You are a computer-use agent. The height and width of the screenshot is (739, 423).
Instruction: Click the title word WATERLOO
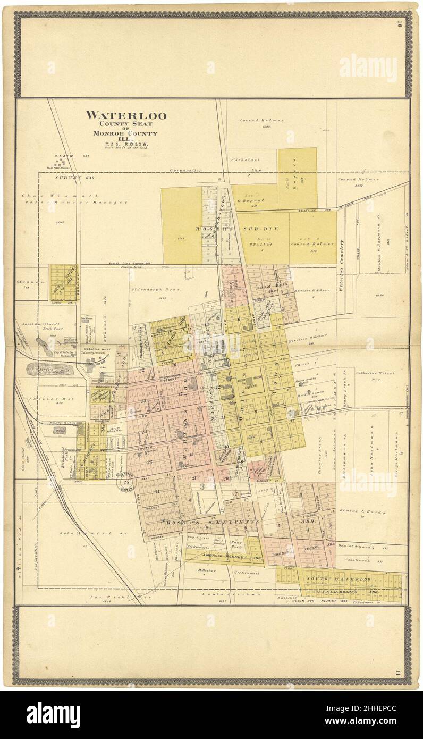pos(126,115)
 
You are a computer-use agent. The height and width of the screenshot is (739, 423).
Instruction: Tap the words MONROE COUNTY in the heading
pos(126,133)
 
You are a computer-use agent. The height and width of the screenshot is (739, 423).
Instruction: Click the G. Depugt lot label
pos(247,201)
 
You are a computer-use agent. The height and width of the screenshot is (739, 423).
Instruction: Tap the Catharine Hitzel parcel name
pos(374,373)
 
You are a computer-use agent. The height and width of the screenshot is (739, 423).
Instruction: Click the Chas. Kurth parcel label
pos(357,559)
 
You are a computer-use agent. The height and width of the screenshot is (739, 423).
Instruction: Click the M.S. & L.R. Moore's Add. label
pos(343,591)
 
